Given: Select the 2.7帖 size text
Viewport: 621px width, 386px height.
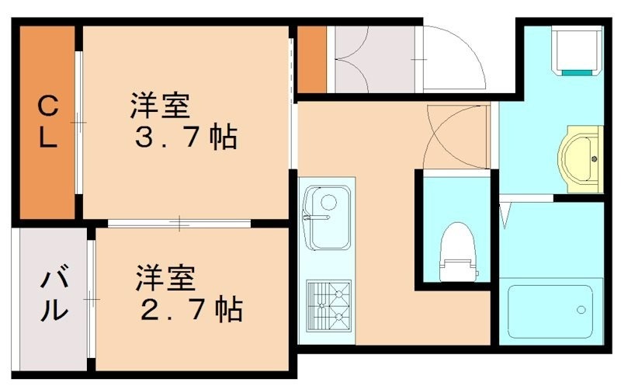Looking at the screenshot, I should [x=191, y=309].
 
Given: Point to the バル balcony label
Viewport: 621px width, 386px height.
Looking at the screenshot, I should [x=52, y=297].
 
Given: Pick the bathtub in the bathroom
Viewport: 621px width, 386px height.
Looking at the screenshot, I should [x=550, y=311].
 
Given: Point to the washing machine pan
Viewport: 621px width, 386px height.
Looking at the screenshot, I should [x=575, y=48].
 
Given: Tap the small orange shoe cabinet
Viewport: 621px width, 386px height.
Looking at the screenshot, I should [x=311, y=59].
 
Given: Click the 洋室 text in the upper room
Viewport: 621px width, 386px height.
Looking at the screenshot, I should [x=160, y=103].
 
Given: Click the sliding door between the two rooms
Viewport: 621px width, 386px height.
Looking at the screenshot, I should [x=179, y=224].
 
